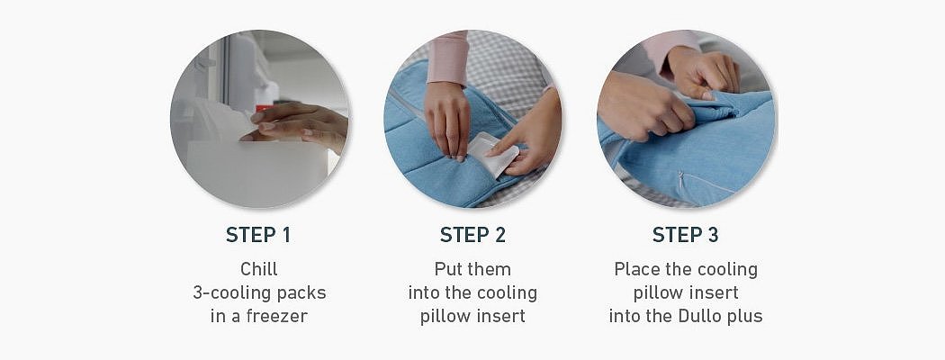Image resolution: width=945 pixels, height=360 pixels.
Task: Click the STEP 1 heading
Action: pyautogui.click(x=258, y=235)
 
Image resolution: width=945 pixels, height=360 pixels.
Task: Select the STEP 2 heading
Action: pyautogui.click(x=472, y=235)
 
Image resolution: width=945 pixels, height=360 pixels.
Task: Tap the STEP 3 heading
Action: pyautogui.click(x=685, y=235)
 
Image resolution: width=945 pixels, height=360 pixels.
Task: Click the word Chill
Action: pyautogui.click(x=259, y=268)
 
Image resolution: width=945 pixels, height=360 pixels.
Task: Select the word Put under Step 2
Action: pyautogui.click(x=445, y=268)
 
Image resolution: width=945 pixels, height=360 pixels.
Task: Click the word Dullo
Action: pyautogui.click(x=704, y=316)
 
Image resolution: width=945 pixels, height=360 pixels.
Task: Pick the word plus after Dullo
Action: pyautogui.click(x=746, y=317)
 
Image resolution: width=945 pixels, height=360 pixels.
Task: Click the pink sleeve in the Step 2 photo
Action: pyautogui.click(x=448, y=58)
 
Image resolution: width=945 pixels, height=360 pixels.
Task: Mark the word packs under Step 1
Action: pyautogui.click(x=303, y=293)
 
